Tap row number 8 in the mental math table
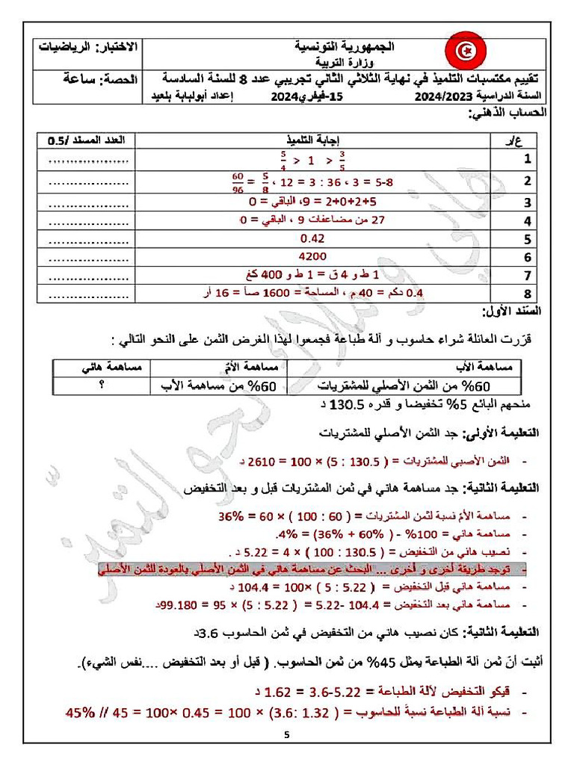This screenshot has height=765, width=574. tap(527, 294)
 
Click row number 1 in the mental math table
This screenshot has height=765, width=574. tap(527, 159)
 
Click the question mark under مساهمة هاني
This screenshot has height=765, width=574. tap(102, 385)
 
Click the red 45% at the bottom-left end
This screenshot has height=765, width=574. tap(82, 711)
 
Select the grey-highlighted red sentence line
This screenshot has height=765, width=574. tap(314, 570)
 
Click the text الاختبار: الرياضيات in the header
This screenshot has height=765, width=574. tap(90, 47)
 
